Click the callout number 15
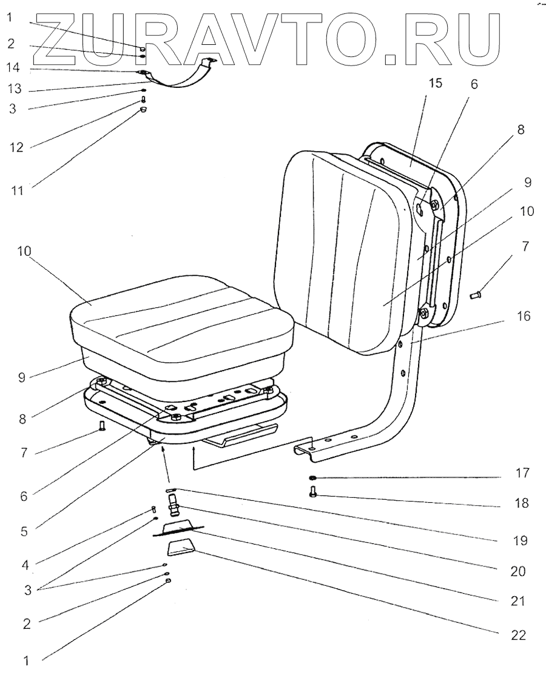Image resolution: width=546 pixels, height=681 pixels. pyautogui.click(x=436, y=84)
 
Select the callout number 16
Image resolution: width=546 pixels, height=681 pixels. pyautogui.click(x=524, y=316)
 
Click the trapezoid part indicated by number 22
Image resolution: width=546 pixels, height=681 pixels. pyautogui.click(x=181, y=549)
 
